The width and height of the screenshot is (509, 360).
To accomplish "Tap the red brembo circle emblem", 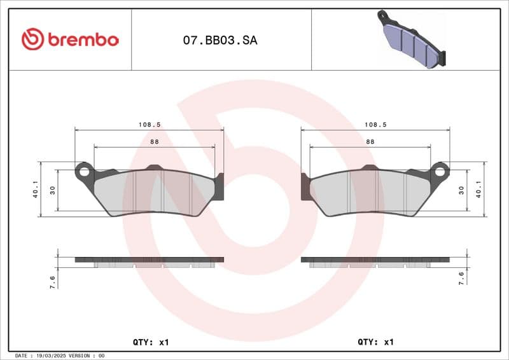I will [32, 39].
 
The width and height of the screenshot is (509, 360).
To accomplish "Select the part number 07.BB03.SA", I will [220, 40].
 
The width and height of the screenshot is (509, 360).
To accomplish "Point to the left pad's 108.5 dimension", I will [150, 125].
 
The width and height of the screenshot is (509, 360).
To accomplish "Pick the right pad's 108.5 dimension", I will [375, 125].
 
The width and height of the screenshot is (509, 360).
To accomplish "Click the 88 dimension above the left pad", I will [155, 142].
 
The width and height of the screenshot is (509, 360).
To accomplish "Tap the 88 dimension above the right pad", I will [370, 142].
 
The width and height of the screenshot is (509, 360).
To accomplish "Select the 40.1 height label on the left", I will [36, 189].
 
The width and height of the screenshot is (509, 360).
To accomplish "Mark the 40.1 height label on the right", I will [478, 189].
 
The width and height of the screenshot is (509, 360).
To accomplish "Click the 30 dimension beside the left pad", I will [53, 190].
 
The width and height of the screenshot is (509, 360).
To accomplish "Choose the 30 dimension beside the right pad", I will [461, 190].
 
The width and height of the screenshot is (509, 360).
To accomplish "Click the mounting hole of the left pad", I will [83, 170].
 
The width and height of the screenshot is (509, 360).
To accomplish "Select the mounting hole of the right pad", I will [440, 170].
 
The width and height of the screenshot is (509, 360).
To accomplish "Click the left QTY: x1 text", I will [151, 342].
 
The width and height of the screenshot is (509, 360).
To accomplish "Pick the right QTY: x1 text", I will [376, 342].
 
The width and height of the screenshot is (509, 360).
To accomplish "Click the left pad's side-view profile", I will [150, 261].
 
